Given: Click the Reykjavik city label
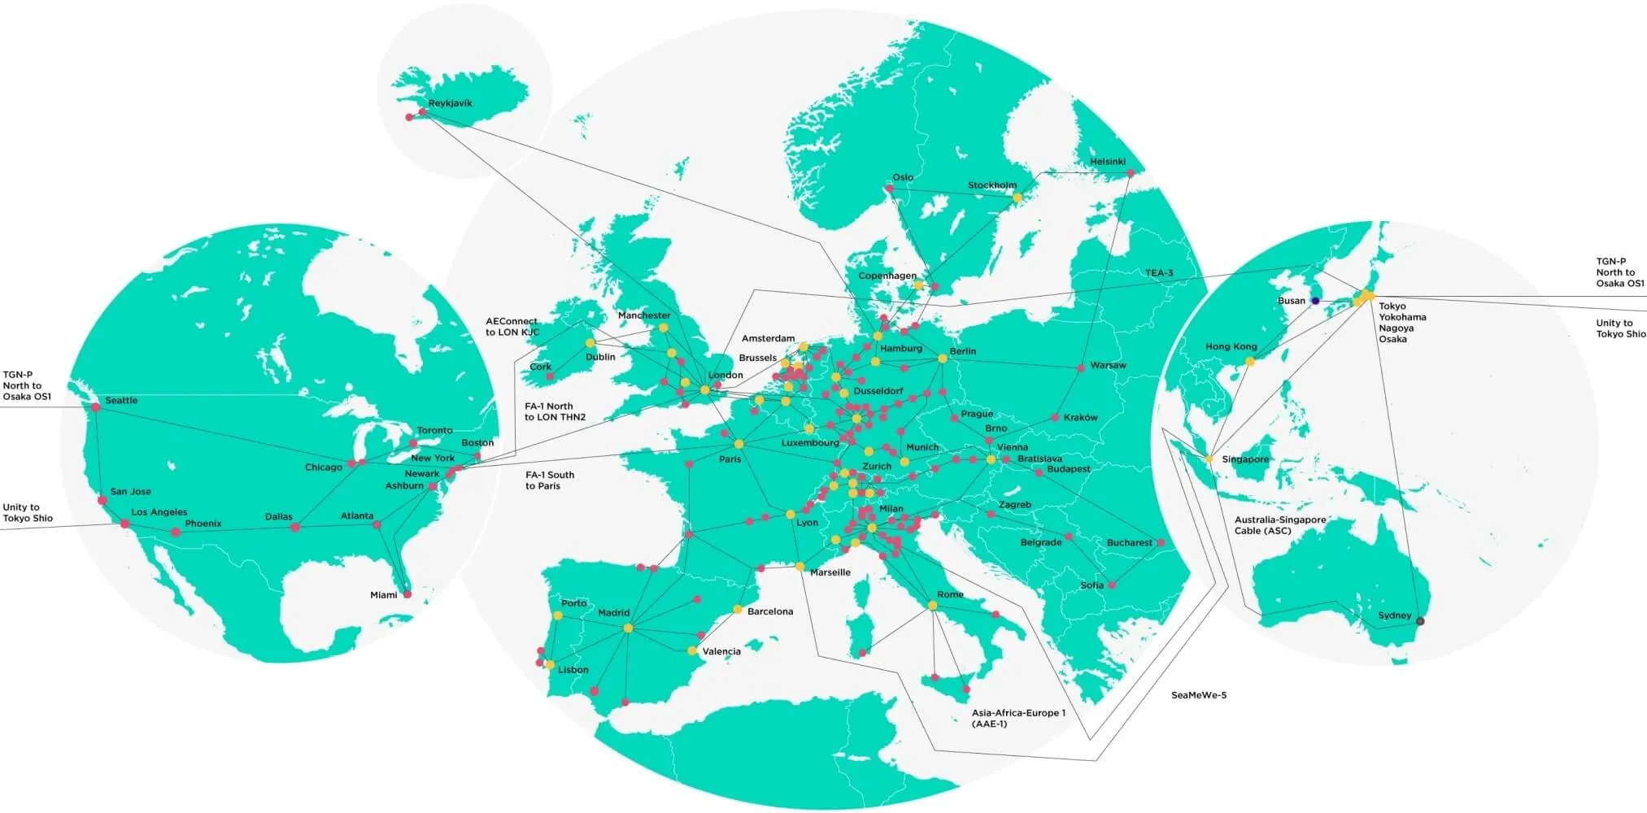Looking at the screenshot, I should click(450, 103).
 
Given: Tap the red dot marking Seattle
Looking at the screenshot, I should click(95, 406).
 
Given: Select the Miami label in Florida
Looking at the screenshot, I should click(383, 595).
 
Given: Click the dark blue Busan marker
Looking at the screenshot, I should click(1315, 301).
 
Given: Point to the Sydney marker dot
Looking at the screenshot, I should click(1421, 621).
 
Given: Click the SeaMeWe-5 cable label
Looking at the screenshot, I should click(1198, 695).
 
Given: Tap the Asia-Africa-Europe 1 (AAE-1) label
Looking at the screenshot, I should click(1017, 718).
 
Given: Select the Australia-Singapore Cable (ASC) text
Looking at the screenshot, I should click(1279, 525).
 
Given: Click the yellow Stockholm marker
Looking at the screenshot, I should click(1017, 198).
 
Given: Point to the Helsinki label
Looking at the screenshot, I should click(1107, 162).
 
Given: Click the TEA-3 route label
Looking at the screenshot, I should click(1159, 273).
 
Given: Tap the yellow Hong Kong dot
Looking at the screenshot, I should click(1249, 362).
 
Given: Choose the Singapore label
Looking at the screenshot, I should click(1244, 459).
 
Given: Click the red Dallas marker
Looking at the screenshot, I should click(295, 528).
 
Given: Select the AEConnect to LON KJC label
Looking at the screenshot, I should click(512, 327).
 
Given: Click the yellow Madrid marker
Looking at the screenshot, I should click(626, 628).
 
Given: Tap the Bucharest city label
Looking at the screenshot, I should click(1129, 542).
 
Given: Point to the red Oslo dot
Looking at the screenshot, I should click(889, 189).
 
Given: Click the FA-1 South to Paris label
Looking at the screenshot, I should click(549, 480).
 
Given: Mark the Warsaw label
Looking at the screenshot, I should click(1108, 365).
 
